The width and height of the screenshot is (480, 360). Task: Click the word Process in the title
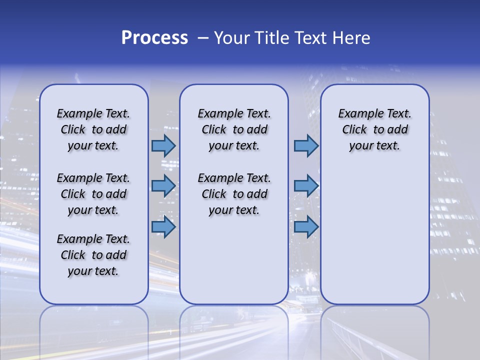tap(154, 38)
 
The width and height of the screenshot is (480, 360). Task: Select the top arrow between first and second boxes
tap(163, 145)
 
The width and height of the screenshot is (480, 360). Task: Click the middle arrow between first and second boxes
tap(163, 186)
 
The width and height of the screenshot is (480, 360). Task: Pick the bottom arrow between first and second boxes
tap(163, 227)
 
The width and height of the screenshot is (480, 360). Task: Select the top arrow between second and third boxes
tap(306, 145)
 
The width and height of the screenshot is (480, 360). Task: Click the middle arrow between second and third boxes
tap(306, 186)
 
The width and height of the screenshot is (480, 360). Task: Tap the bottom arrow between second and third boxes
tap(306, 227)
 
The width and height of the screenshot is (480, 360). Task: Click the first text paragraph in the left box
tap(93, 129)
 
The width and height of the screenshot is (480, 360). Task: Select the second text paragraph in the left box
tap(93, 194)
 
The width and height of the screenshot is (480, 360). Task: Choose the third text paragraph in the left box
tap(93, 255)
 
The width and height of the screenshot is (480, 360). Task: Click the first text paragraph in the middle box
tap(234, 129)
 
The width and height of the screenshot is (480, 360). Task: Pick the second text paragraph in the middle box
tap(234, 194)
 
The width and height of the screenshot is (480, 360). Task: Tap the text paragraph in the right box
tap(374, 129)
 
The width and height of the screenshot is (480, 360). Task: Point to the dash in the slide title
tap(203, 38)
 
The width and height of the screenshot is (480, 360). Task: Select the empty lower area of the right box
tap(374, 235)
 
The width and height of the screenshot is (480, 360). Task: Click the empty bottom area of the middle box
tap(234, 265)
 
